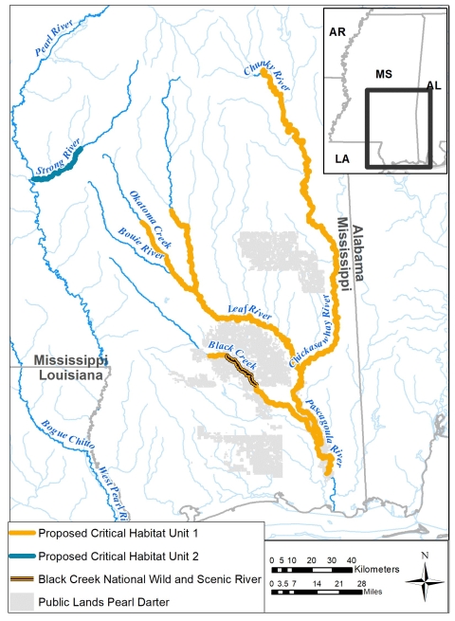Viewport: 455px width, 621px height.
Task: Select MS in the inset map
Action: pyautogui.click(x=383, y=73)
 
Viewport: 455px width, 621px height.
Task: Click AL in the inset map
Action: pyautogui.click(x=433, y=86)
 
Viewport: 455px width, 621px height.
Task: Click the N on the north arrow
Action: pyautogui.click(x=426, y=555)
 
